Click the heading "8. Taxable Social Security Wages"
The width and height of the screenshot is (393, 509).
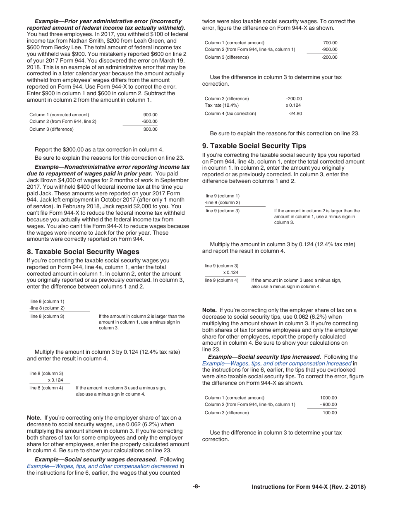coord(83,252)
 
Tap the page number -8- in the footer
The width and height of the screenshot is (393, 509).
coord(196,487)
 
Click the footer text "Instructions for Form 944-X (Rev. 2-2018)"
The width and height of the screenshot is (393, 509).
coord(309,487)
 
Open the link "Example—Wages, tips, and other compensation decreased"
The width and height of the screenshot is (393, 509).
coord(103,466)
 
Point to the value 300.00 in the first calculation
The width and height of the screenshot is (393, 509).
coord(150,129)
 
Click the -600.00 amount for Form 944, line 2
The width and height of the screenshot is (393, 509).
coord(149,121)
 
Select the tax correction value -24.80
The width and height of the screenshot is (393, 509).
coord(295,113)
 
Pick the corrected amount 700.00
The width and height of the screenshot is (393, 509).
coord(330,43)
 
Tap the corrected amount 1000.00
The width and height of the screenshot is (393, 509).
coord(328,398)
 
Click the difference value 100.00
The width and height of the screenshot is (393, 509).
coord(330,413)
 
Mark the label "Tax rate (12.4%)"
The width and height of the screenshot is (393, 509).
coord(221,105)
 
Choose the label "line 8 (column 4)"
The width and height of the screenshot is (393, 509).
coord(46,388)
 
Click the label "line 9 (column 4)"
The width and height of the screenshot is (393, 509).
coord(221,280)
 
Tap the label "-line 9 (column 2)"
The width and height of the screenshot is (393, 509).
coord(222,202)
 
